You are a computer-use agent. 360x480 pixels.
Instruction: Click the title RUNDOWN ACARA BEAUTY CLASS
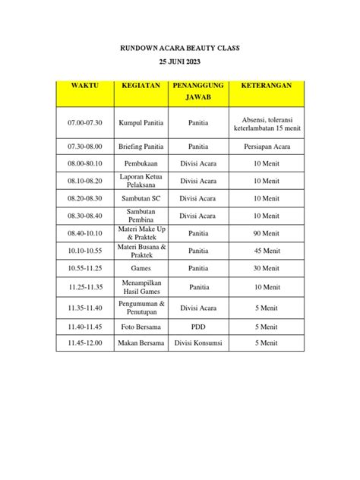pos(180,48)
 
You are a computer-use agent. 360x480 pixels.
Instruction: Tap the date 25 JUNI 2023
pos(180,62)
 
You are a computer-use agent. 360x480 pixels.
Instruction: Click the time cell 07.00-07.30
pos(85,122)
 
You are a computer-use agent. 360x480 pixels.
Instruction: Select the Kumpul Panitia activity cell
pos(141,122)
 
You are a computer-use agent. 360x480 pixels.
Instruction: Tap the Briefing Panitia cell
pos(141,149)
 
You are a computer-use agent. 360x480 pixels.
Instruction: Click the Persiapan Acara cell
pos(266,149)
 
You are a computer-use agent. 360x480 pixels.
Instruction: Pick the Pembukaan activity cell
pos(141,163)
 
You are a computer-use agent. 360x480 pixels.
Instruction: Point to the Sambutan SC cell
pos(141,197)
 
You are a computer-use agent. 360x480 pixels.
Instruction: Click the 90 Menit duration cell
pos(266,233)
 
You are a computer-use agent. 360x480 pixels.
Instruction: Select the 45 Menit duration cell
pos(266,251)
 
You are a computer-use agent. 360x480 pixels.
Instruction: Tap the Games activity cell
pos(141,268)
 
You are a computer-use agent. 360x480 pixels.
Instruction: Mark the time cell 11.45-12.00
pos(85,343)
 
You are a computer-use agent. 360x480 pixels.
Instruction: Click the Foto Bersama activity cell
pos(141,327)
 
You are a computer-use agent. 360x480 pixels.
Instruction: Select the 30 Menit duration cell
pos(266,268)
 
